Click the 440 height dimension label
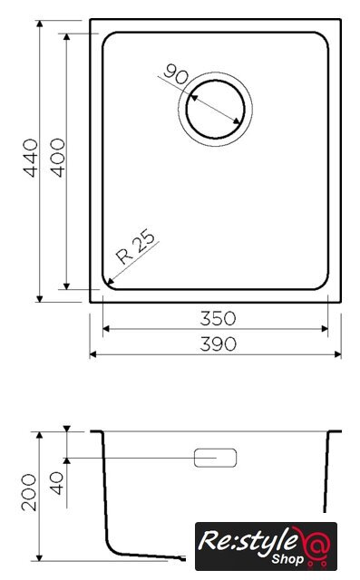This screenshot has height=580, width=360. [31, 158]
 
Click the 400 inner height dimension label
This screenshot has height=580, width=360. [58, 158]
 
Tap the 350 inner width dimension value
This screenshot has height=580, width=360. [218, 318]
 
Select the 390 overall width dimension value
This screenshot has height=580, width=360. [218, 344]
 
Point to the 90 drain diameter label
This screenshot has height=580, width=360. [176, 74]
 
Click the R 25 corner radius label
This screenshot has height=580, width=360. [135, 246]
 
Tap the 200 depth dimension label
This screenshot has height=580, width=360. [29, 492]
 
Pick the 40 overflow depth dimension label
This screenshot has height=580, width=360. [56, 483]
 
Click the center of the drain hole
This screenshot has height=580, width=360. [215, 109]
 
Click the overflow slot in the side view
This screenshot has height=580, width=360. [215, 458]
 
